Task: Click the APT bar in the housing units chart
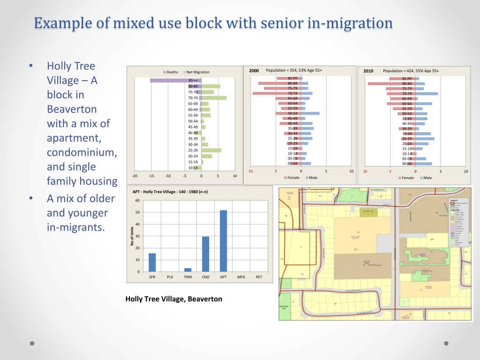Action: point(224,241)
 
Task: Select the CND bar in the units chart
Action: point(206,254)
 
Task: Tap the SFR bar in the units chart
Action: point(152,262)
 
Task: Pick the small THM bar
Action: point(188,270)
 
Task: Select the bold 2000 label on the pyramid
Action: point(254,71)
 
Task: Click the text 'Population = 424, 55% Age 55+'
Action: point(411,71)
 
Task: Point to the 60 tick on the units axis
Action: point(137,201)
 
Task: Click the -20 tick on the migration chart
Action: point(135,176)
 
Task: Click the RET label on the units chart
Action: point(259,277)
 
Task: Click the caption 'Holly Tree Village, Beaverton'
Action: point(174,299)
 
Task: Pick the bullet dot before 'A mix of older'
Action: point(31,199)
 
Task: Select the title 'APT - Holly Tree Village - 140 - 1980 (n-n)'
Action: point(170,192)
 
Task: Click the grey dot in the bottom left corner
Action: point(32,343)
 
